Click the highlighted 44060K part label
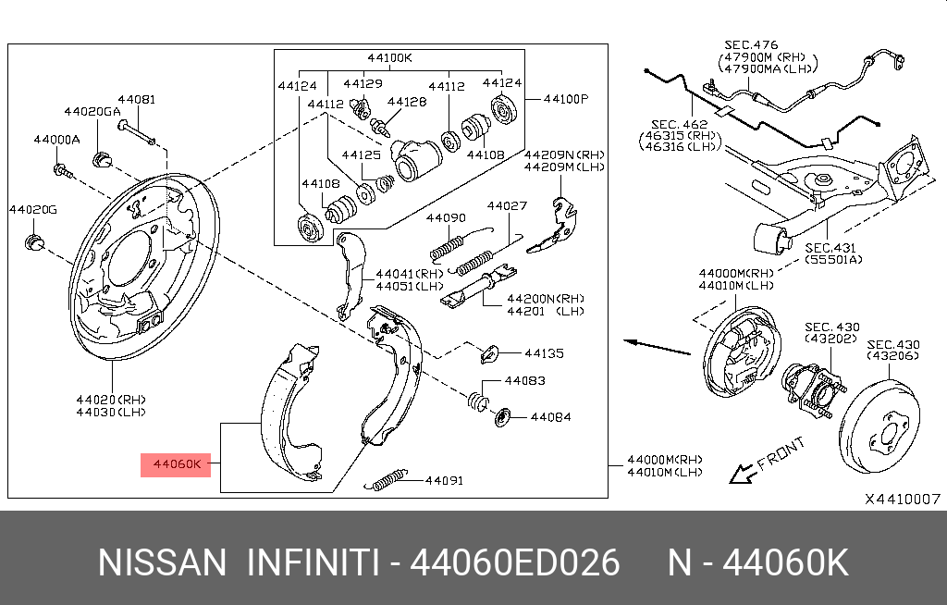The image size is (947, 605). click(x=176, y=464)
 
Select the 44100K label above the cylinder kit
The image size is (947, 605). click(x=389, y=57)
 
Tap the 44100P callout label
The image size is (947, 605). click(x=565, y=97)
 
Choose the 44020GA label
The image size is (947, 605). click(x=92, y=111)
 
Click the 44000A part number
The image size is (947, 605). click(x=56, y=140)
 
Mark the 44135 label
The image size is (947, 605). click(x=544, y=353)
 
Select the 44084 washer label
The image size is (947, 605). click(x=549, y=417)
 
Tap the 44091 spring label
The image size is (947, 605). click(x=444, y=480)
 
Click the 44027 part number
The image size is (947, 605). click(x=507, y=205)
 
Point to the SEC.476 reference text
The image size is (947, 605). click(x=751, y=44)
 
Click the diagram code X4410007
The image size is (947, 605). click(x=903, y=498)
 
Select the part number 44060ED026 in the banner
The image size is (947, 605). click(x=514, y=562)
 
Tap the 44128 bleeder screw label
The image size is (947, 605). click(x=407, y=102)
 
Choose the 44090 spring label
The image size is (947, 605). click(x=446, y=218)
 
